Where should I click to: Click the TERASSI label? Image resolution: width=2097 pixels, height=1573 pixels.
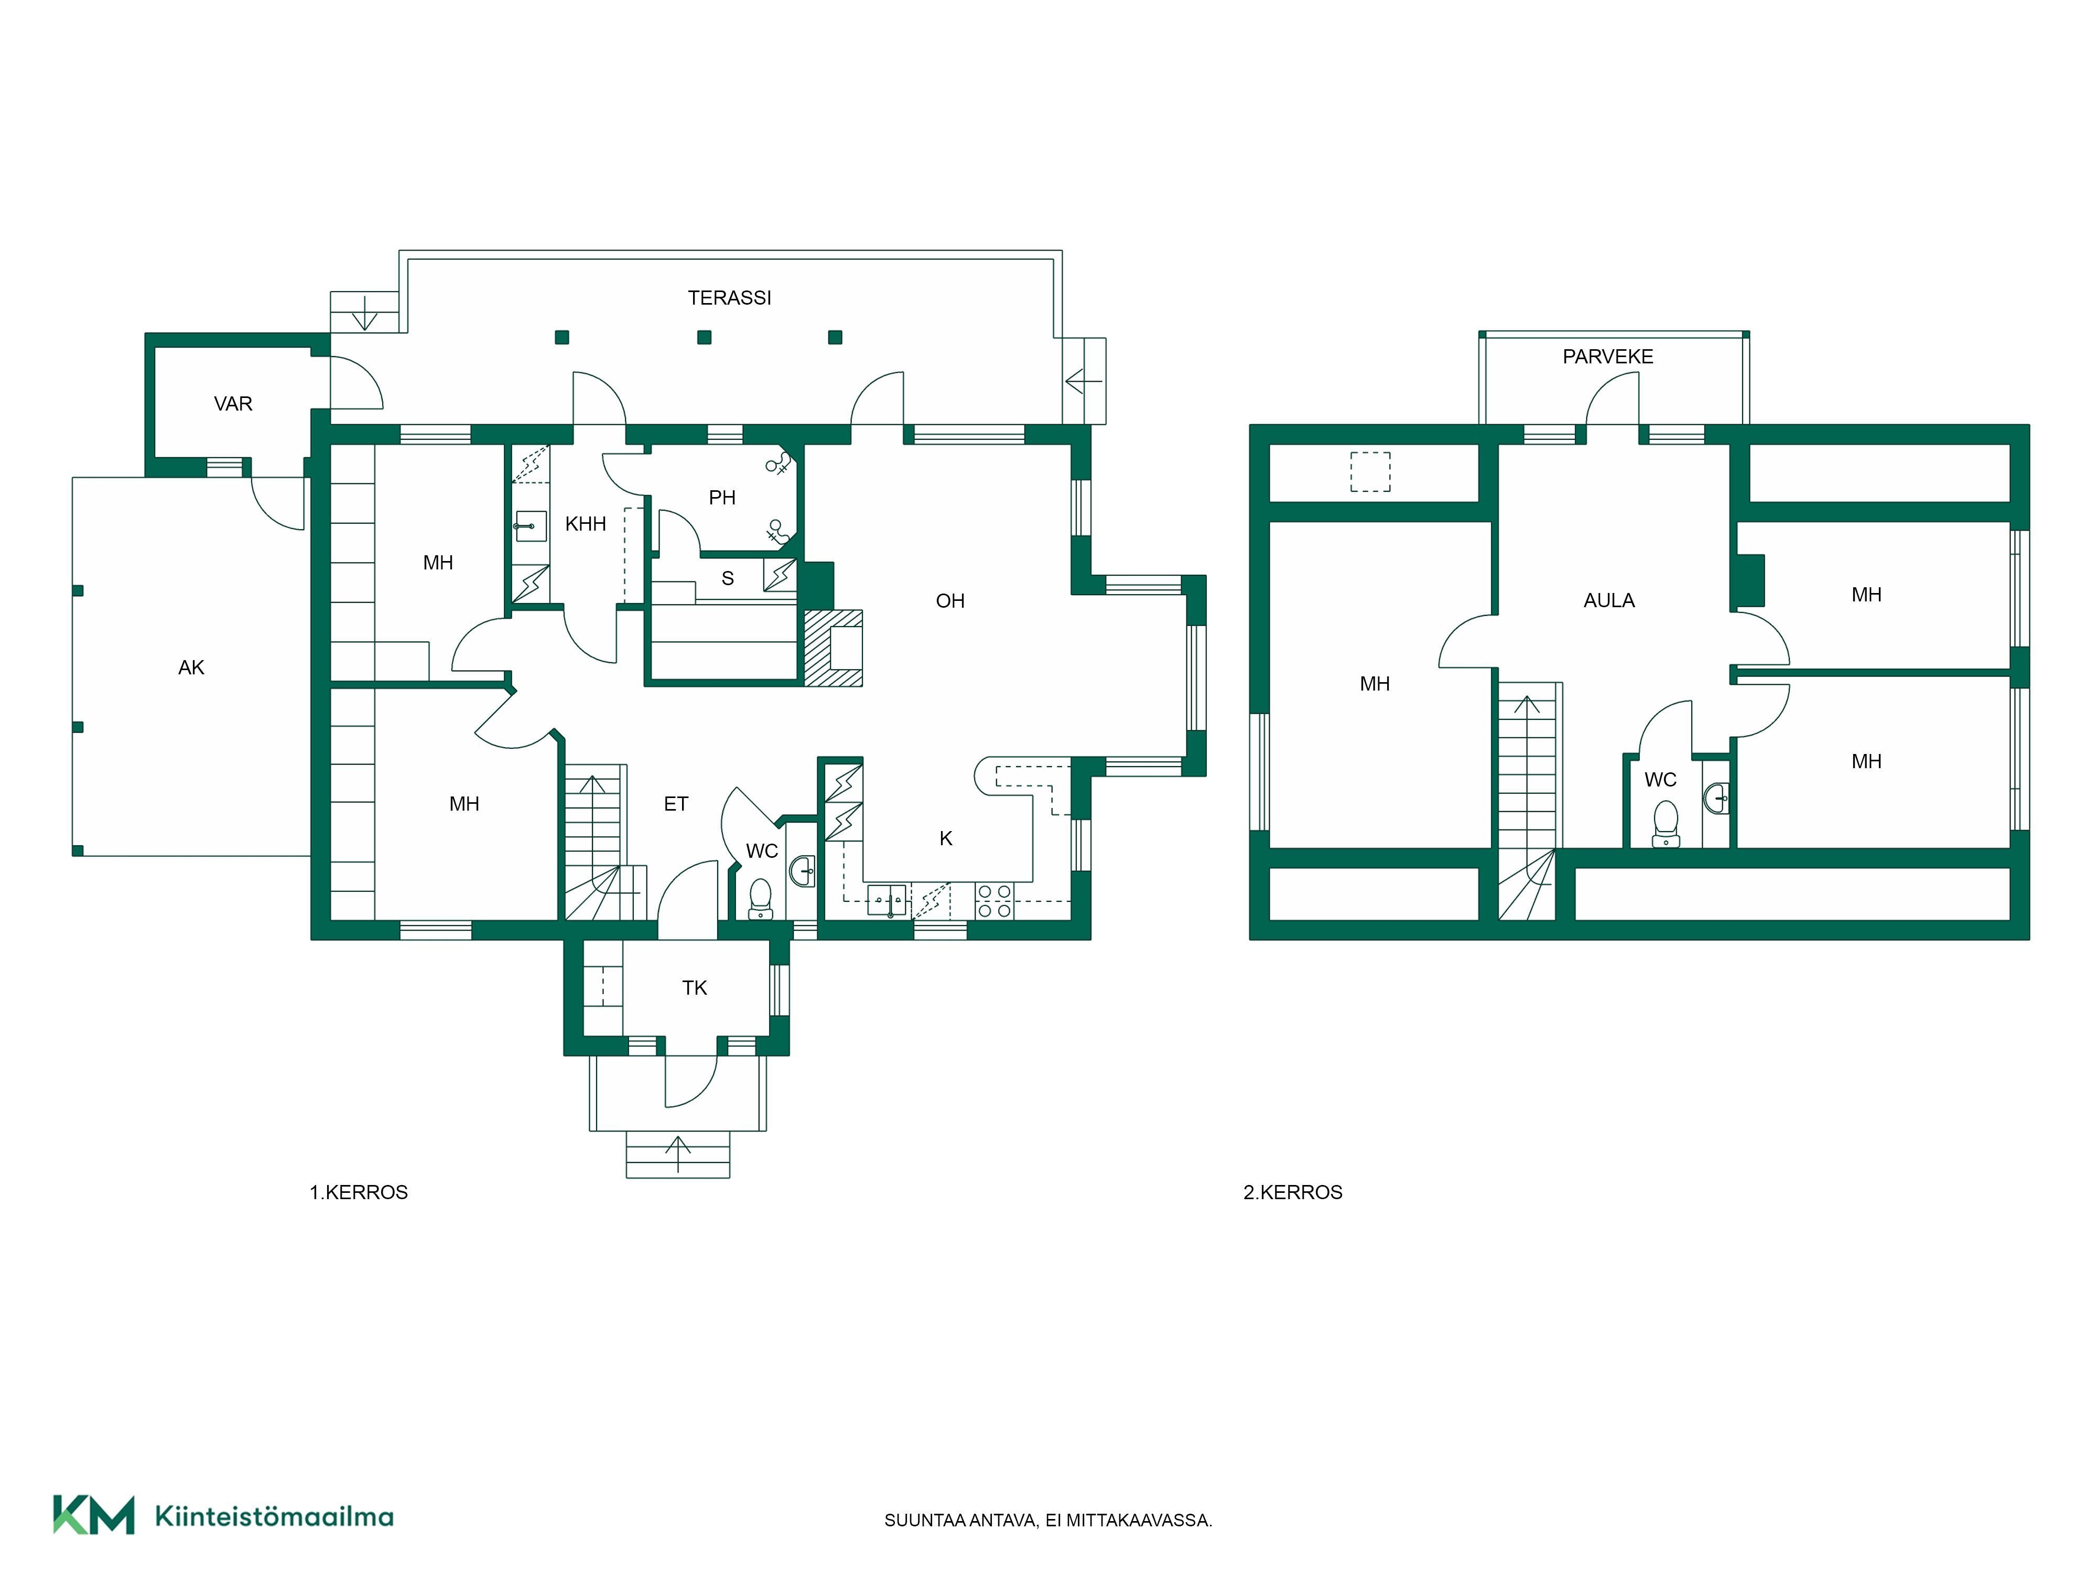tap(729, 298)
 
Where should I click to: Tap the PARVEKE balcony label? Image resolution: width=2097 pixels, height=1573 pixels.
tap(1608, 357)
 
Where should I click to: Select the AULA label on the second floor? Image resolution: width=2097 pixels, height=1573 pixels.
tap(1609, 600)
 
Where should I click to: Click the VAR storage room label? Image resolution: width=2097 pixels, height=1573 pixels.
tap(233, 404)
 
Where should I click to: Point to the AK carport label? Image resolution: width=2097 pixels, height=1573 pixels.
tap(191, 667)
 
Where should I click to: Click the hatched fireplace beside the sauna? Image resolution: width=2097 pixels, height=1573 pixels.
tap(834, 648)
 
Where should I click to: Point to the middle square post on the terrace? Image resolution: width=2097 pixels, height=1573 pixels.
tap(704, 337)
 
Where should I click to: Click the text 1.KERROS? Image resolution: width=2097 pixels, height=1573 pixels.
tap(359, 1192)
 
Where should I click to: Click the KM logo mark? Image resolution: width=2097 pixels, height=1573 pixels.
tap(93, 1514)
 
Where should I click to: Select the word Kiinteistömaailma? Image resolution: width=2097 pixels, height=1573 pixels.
tap(274, 1516)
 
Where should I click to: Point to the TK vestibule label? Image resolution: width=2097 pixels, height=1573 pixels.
tap(695, 988)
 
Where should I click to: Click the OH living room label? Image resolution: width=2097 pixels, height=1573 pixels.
tap(950, 600)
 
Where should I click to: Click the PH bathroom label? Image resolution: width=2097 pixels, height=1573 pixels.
tap(722, 497)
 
